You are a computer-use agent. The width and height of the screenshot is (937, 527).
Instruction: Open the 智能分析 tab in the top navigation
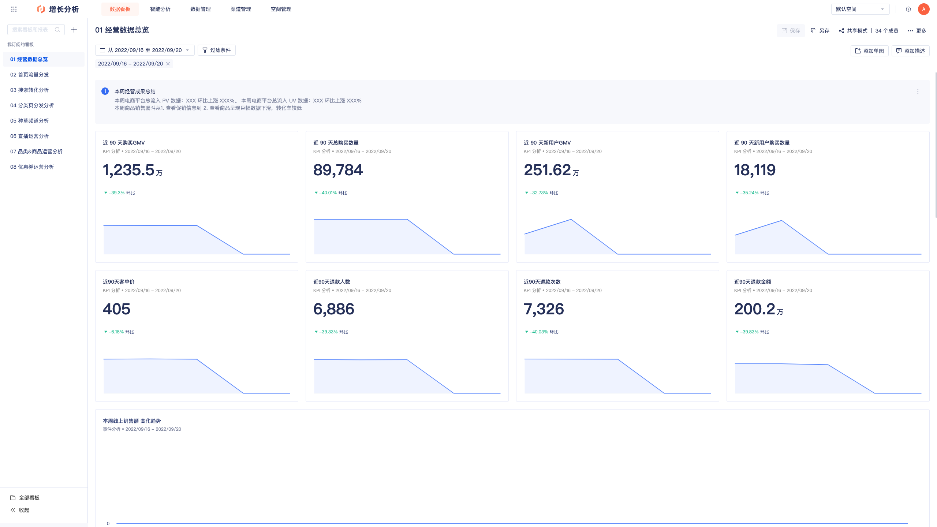(160, 9)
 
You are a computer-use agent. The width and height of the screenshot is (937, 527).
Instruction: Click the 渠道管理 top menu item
(240, 9)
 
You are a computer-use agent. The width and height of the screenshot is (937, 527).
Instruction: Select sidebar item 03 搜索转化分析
(29, 90)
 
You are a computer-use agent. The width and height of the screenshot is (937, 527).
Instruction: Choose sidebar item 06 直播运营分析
(29, 136)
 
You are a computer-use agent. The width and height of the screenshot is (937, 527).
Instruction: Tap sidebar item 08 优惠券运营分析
(32, 167)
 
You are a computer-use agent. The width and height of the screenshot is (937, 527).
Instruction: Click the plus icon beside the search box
(74, 30)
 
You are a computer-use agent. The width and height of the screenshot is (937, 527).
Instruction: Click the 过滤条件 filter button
(217, 50)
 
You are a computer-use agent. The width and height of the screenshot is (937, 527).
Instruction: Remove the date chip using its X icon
(168, 64)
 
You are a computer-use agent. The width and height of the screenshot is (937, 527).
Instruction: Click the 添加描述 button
(910, 51)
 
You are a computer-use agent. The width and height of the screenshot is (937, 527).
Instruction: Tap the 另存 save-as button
(820, 31)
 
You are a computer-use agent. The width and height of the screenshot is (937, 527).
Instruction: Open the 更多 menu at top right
(917, 31)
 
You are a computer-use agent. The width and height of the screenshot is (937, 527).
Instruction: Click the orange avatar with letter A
(924, 9)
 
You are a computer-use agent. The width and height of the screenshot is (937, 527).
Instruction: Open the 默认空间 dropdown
(860, 9)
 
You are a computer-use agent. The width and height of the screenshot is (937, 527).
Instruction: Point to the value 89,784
(338, 170)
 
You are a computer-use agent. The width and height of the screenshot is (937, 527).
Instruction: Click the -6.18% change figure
(116, 332)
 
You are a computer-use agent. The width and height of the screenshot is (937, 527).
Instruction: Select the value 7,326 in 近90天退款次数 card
(544, 309)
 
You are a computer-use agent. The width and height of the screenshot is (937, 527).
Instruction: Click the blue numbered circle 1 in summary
(105, 91)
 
